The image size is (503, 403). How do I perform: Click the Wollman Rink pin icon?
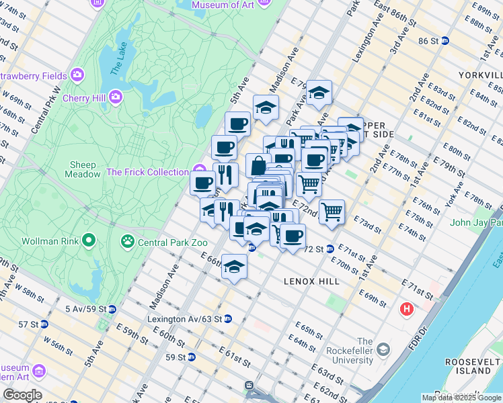88,240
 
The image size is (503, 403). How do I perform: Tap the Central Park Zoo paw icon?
126,240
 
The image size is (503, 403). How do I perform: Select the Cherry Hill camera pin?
116,99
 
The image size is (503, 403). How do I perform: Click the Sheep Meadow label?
83,169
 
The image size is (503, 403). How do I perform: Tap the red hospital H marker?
407,310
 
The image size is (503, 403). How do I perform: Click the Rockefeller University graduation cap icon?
383,349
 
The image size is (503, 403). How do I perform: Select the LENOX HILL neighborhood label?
311,281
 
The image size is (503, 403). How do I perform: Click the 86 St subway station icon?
455,42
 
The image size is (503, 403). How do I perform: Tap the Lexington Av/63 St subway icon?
228,318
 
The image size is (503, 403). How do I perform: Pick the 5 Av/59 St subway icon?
112,309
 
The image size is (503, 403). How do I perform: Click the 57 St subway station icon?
44,324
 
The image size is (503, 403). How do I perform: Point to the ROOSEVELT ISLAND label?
468,366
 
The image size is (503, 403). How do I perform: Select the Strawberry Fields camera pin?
77,74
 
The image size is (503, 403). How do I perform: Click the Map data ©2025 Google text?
461,398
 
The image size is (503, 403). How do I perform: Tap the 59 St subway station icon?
192,357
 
